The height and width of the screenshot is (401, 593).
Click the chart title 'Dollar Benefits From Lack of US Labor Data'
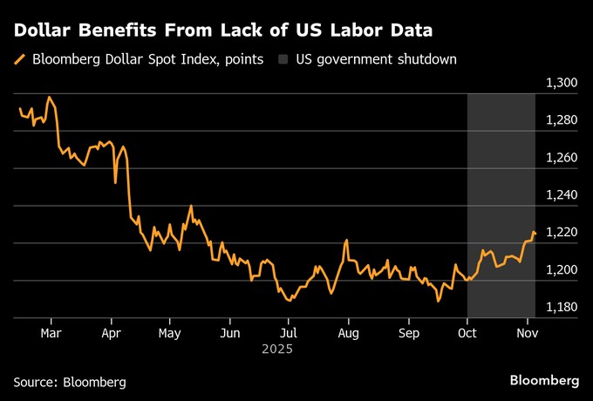coord(223,31)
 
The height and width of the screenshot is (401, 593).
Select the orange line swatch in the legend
coord(20,60)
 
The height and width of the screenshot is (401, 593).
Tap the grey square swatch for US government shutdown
coord(284,60)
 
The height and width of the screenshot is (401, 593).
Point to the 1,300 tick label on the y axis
coord(560,83)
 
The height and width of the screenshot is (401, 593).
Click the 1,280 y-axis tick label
coord(560,120)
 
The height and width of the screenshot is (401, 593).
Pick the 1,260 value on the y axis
coord(560,158)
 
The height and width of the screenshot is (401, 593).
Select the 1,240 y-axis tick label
coord(560,195)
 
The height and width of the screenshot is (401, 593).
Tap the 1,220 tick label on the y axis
coord(560,233)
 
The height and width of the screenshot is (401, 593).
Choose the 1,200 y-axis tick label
coord(560,270)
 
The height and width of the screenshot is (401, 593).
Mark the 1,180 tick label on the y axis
coord(560,308)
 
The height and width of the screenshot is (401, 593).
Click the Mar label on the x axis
coord(51,333)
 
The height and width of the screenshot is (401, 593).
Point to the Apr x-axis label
coord(111,333)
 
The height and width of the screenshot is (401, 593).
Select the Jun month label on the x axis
coord(229,333)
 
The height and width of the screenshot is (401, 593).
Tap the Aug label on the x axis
coord(348,333)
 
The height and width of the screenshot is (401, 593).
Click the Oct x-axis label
coord(467,333)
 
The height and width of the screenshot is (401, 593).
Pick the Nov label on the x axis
coord(527,333)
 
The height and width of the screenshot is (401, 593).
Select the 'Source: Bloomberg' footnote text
coord(70,382)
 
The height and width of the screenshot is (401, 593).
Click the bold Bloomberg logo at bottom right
coord(544,381)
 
